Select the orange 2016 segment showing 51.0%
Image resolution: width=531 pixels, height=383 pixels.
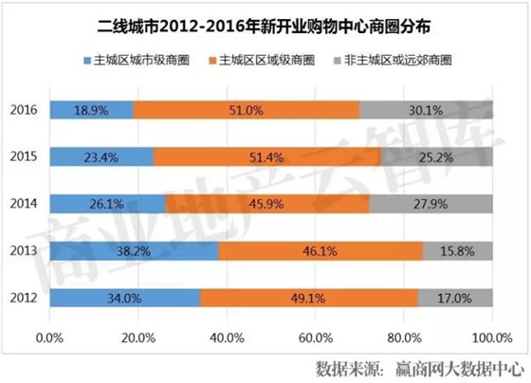pyautogui.click(x=246, y=110)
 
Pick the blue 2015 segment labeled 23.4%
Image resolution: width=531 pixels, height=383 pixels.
pyautogui.click(x=101, y=156)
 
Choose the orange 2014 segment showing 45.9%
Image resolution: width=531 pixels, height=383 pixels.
pyautogui.click(x=266, y=203)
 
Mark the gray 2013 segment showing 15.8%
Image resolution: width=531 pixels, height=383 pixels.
pyautogui.click(x=456, y=250)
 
